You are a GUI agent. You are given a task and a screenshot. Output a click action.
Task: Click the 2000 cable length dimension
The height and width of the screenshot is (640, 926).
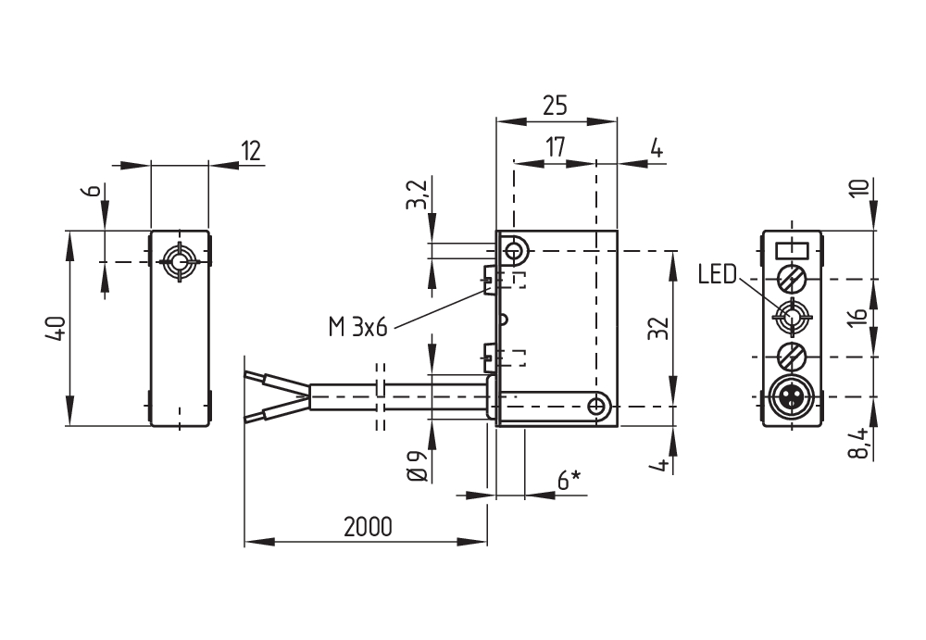(368, 527)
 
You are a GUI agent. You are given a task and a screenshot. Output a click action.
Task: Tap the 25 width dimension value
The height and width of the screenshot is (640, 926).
(555, 106)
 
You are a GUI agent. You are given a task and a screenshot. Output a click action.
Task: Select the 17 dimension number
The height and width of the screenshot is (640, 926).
(555, 147)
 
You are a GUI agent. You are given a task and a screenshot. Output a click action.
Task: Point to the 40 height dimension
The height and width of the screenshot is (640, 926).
(55, 329)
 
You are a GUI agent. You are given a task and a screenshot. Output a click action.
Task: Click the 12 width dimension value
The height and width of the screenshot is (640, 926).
(249, 150)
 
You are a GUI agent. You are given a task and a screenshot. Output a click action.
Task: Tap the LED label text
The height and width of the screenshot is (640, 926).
(717, 274)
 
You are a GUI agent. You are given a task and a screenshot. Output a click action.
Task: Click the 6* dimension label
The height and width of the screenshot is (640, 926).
(569, 480)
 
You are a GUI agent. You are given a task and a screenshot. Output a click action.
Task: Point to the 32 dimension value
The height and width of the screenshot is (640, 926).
(657, 329)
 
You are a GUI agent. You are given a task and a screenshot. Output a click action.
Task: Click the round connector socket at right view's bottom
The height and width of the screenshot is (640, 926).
(792, 398)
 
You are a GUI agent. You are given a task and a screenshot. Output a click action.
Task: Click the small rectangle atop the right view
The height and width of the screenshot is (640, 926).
(792, 248)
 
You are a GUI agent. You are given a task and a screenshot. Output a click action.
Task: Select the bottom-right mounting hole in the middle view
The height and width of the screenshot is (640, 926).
(599, 406)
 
